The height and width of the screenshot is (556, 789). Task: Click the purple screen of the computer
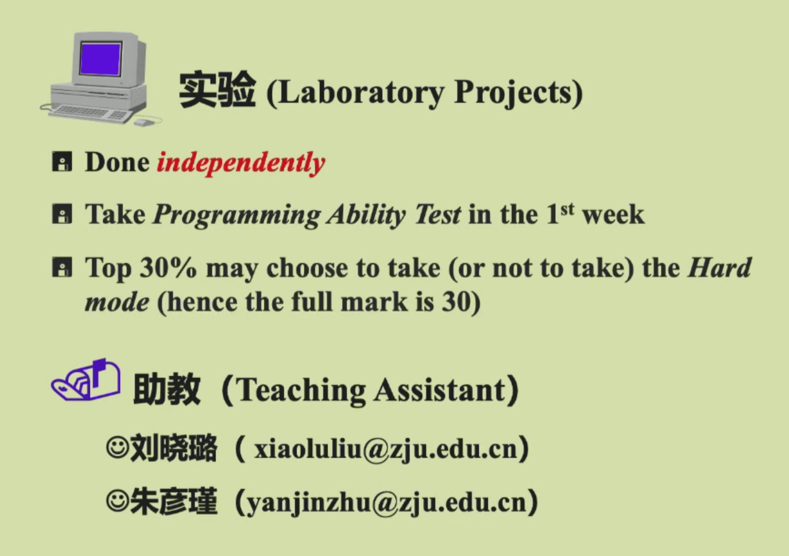[x=101, y=58]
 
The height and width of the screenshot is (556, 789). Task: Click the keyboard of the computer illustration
[x=92, y=114]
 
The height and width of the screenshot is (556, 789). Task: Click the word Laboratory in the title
[x=359, y=93]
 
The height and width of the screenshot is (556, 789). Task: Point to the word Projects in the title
[x=514, y=93]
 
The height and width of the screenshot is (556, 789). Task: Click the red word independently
[x=241, y=163]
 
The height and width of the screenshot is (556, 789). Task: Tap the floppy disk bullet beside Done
[x=62, y=162]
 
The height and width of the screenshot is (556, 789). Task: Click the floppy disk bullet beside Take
[x=62, y=214]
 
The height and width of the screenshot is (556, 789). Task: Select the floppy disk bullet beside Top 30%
[x=62, y=267]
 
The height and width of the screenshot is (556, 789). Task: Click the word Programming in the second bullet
[x=237, y=216]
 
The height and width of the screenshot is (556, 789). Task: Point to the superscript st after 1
[x=567, y=209]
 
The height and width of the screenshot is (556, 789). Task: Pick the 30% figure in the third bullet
[x=168, y=267]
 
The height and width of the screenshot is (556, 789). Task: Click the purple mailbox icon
[x=86, y=380]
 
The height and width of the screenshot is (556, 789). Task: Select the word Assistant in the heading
[x=439, y=391]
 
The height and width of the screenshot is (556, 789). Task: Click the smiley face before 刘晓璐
[x=117, y=447]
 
